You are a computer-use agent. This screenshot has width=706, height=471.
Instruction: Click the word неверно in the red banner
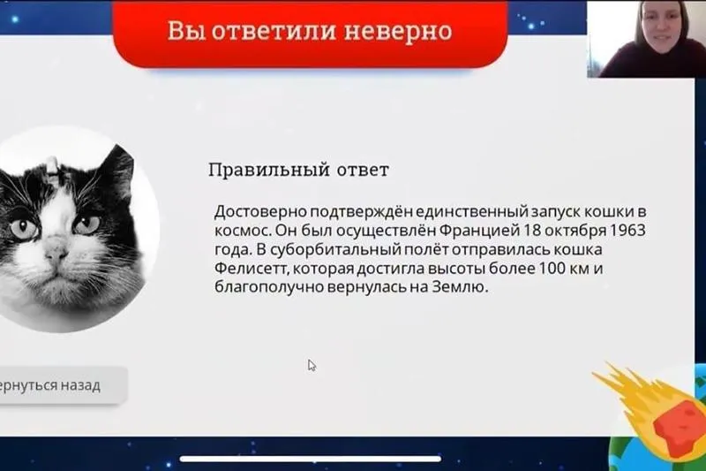398,31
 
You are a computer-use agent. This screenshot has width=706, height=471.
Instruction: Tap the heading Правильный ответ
298,171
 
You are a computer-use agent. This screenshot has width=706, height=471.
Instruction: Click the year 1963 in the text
627,230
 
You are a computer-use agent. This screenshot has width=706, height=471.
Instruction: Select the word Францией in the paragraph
479,231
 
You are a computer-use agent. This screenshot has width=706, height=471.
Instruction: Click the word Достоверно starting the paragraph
260,211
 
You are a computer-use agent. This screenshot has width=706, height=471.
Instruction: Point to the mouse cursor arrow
312,365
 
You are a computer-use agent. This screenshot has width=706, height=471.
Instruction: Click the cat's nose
56,251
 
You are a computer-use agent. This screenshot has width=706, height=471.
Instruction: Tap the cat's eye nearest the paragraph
87,223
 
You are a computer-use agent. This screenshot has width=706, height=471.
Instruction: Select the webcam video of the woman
646,39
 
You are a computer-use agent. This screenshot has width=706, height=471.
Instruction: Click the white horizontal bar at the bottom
311,459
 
